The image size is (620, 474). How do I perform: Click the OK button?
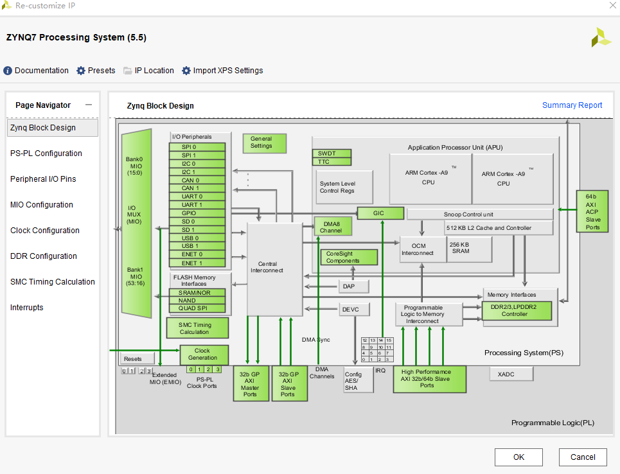(x=518, y=457)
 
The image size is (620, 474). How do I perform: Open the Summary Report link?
(x=572, y=105)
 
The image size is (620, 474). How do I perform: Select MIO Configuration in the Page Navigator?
(x=42, y=205)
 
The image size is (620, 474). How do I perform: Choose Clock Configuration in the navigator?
(x=45, y=231)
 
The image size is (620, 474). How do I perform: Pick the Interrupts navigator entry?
(x=27, y=308)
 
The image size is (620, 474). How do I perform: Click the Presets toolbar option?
(x=96, y=71)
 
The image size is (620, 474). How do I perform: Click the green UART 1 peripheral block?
(x=197, y=205)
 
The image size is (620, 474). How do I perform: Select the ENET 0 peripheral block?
(x=197, y=254)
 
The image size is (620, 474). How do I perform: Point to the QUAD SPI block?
(x=197, y=308)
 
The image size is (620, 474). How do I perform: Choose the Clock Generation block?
(x=203, y=354)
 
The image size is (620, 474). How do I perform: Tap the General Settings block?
(x=264, y=143)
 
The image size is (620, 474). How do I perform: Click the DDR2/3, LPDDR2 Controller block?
(x=517, y=311)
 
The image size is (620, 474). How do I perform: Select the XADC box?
(x=511, y=374)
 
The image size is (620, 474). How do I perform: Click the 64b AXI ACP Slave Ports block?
(x=592, y=212)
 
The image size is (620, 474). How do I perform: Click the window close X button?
(x=610, y=6)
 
